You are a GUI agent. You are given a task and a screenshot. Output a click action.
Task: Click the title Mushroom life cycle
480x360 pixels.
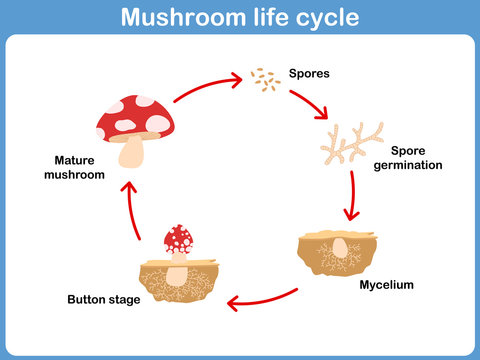pyautogui.click(x=240, y=18)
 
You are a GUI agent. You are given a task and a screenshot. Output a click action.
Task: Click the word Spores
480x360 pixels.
pyautogui.click(x=309, y=74)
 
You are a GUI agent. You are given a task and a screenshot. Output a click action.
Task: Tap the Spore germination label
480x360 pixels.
pyautogui.click(x=407, y=158)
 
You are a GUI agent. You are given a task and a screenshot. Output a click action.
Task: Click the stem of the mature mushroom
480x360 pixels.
pyautogui.click(x=133, y=152)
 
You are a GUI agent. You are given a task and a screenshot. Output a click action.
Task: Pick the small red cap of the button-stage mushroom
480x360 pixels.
pyautogui.click(x=179, y=238)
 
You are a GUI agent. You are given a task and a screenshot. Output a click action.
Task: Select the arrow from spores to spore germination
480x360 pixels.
pyautogui.click(x=310, y=104)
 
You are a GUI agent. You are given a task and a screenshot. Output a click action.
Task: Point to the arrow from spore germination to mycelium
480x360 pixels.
pyautogui.click(x=350, y=195)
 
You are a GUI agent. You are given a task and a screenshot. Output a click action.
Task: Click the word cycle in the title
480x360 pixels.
pyautogui.click(x=323, y=18)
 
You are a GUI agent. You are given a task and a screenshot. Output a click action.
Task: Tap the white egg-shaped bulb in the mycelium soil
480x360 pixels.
pyautogui.click(x=341, y=247)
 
